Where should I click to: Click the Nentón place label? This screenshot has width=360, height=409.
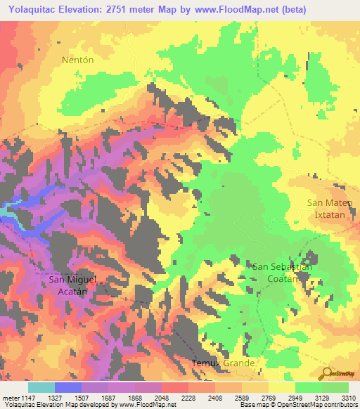(77, 60)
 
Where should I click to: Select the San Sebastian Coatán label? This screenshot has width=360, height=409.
(282, 273)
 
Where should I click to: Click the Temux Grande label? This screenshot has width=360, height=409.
(224, 363)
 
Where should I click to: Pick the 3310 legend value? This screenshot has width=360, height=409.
(349, 397)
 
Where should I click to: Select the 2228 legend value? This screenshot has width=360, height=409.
(188, 397)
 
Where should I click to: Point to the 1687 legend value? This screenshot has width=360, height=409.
(108, 397)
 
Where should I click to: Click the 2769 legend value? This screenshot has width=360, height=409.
(269, 397)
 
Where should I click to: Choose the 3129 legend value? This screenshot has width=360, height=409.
(322, 397)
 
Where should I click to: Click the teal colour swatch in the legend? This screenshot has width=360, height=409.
(41, 387)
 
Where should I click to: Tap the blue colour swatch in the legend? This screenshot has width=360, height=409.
(68, 387)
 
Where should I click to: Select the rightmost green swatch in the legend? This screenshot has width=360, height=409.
(335, 387)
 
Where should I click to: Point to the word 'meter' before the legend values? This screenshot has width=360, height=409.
(11, 397)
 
